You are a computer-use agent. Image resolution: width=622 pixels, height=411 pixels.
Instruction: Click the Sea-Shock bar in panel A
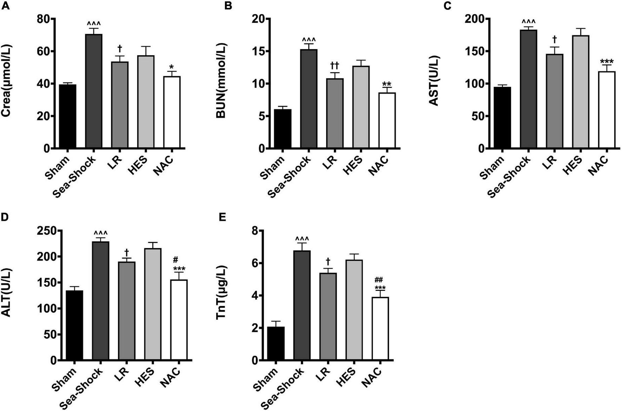(93, 91)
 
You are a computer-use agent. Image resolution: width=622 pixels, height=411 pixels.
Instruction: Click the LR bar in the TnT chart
(328, 317)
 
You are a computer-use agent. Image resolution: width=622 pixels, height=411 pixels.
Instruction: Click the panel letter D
(5, 217)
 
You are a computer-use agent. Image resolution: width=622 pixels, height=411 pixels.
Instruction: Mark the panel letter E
(222, 217)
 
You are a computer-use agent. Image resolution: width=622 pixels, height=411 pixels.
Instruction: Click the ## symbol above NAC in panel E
(379, 280)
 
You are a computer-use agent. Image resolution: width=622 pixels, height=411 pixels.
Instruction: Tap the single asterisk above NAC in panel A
(171, 67)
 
